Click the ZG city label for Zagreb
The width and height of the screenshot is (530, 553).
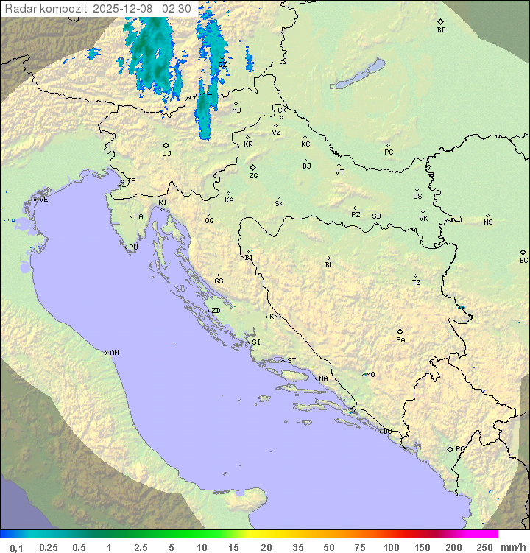pos(253,176)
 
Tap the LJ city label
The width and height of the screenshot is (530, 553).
pos(166,154)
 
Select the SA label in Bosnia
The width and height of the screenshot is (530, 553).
pos(400,340)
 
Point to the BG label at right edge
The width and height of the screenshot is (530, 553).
pos(523,261)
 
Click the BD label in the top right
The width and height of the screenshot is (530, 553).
pos(441,30)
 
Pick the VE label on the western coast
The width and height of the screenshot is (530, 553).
pos(43,200)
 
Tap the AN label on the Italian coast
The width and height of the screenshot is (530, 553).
pos(114,353)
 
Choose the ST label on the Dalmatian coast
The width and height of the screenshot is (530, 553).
pos(291,361)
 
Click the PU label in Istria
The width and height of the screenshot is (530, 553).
pos(133,247)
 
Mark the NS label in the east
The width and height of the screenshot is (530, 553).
pos(488,222)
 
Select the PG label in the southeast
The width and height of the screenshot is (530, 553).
pos(460,448)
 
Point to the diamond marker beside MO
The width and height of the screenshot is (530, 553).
pos(363,374)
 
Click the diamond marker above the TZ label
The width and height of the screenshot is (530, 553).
pos(416,275)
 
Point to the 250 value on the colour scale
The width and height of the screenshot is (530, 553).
pos(484,547)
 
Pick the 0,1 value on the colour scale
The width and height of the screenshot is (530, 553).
pos(16,547)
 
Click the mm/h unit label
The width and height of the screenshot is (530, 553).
pos(512,547)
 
